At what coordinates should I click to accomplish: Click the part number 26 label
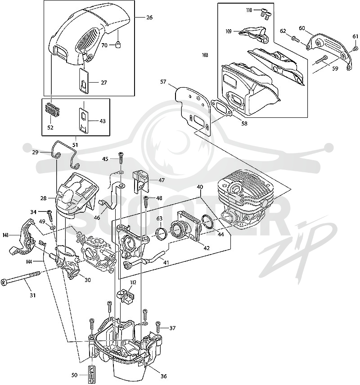[x=149, y=18]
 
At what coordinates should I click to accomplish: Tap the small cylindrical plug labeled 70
[x=119, y=45]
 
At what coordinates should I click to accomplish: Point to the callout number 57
[x=163, y=82]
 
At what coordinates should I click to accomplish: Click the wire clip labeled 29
[x=65, y=154]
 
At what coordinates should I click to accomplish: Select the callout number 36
[x=163, y=376]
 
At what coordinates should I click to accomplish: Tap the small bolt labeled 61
[x=355, y=49]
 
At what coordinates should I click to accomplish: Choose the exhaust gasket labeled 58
[x=222, y=108]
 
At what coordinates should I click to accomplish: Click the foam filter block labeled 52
[x=53, y=111]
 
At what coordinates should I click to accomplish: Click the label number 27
[x=104, y=82]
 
